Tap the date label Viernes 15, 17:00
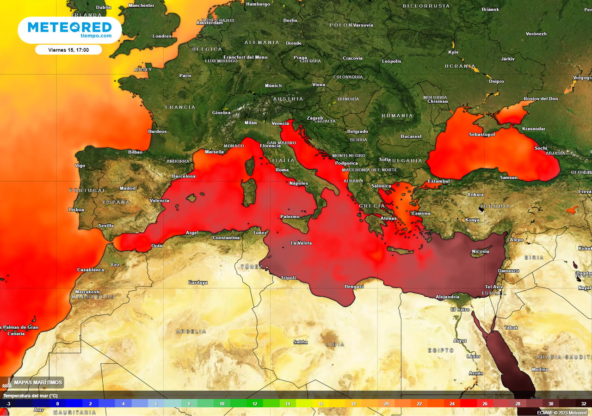click(x=68, y=50)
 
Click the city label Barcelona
click(x=184, y=176)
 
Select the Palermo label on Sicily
click(x=290, y=217)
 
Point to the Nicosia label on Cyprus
click(x=480, y=251)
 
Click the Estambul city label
click(x=438, y=181)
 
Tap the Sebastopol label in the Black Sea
click(x=482, y=135)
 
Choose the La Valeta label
click(x=301, y=243)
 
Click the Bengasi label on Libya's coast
click(x=354, y=287)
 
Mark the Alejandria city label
click(x=448, y=297)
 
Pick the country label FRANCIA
click(x=180, y=107)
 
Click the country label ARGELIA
click(x=191, y=331)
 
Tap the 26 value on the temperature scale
click(x=485, y=404)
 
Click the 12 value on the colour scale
click(x=255, y=404)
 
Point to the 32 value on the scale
click(x=584, y=404)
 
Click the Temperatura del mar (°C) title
click(x=31, y=396)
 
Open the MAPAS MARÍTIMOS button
click(x=32, y=383)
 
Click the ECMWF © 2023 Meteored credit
click(x=561, y=412)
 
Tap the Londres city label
click(x=162, y=36)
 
